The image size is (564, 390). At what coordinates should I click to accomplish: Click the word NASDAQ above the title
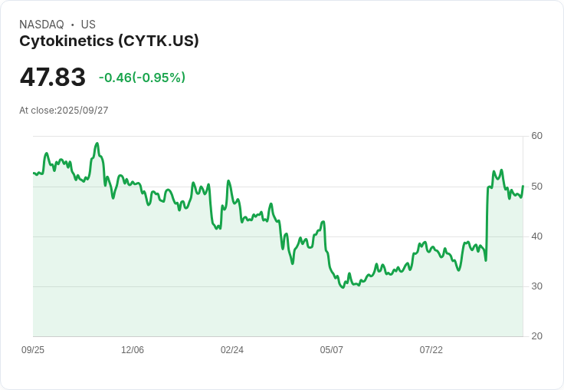pos(41,25)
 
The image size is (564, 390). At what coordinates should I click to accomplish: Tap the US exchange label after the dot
pos(88,25)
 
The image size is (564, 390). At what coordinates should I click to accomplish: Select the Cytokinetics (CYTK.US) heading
pos(109,41)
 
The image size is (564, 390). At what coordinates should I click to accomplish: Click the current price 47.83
pos(52,78)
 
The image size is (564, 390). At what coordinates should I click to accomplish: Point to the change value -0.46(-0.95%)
pos(142,78)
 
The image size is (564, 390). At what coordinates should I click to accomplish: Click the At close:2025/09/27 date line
pos(64,111)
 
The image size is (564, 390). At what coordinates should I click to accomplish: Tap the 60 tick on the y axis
pos(536,136)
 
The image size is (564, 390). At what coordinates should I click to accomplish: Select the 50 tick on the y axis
pos(536,187)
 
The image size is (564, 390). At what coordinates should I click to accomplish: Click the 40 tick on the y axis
pos(536,236)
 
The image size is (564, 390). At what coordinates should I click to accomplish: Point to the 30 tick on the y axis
pos(536,286)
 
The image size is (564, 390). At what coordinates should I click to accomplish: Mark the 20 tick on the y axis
pos(536,336)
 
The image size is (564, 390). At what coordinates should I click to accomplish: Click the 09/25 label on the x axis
pos(33,350)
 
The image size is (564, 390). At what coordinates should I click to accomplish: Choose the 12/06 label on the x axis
pos(133,350)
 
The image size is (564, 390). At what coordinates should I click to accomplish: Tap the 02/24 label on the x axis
pos(232,350)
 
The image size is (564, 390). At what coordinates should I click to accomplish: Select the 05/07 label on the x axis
pos(332,350)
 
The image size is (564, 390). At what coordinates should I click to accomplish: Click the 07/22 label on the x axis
pos(431,350)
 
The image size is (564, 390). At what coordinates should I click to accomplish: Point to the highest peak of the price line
pos(97,144)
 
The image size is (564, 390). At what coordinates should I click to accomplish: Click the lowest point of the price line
pos(343,287)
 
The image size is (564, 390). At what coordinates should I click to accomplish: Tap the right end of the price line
pos(523,186)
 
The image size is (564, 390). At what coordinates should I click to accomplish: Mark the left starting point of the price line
pos(34,173)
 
